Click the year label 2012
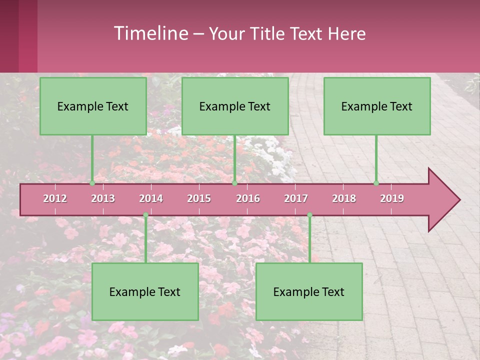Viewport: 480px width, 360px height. click(x=55, y=198)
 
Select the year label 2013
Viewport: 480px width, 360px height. click(x=103, y=198)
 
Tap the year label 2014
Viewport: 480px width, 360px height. click(x=151, y=198)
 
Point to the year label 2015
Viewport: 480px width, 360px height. click(x=199, y=198)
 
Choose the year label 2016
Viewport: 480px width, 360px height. click(x=248, y=198)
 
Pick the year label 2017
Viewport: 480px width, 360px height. click(x=296, y=198)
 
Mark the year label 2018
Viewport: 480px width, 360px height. click(x=344, y=198)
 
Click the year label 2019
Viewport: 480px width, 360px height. click(x=392, y=198)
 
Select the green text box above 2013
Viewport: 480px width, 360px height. click(x=93, y=106)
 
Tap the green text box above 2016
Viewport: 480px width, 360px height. click(x=235, y=106)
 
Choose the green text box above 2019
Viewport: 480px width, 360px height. click(x=377, y=106)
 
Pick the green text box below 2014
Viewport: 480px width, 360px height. click(x=145, y=291)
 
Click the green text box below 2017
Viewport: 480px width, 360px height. click(x=309, y=291)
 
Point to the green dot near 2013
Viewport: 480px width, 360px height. click(x=92, y=183)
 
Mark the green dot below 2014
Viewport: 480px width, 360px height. click(x=145, y=215)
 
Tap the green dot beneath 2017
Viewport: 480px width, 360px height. click(x=309, y=215)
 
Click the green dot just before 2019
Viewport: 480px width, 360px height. click(x=376, y=183)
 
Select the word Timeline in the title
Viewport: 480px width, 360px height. click(x=150, y=33)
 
